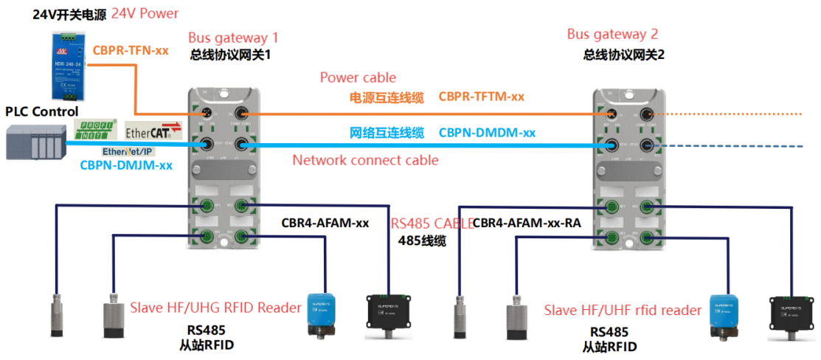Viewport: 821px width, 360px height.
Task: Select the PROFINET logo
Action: click(x=97, y=129)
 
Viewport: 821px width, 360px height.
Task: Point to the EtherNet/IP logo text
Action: click(x=127, y=151)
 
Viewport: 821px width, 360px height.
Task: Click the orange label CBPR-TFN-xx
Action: click(x=131, y=51)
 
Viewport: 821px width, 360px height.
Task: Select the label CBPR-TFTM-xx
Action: click(x=481, y=96)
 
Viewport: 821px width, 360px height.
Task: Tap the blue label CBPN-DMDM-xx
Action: click(x=487, y=133)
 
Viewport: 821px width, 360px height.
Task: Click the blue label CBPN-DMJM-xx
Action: click(x=125, y=165)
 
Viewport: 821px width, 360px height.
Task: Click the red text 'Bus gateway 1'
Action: click(x=233, y=38)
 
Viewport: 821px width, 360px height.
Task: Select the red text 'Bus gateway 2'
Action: click(x=612, y=34)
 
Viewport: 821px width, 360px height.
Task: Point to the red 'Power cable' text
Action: click(x=358, y=77)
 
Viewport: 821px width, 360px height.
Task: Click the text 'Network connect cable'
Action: click(x=365, y=160)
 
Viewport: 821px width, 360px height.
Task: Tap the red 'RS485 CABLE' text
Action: click(x=429, y=224)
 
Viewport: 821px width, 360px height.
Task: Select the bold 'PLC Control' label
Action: click(x=41, y=111)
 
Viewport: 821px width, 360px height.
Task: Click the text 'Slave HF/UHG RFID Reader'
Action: click(x=215, y=308)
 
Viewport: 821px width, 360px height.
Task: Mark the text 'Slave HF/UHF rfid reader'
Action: click(x=623, y=311)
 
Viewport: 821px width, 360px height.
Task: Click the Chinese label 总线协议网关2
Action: click(x=623, y=55)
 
